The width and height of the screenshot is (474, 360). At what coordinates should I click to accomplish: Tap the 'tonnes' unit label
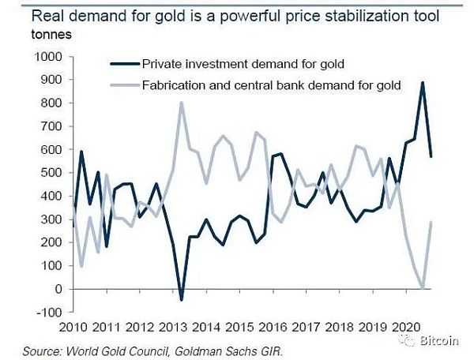coord(29,35)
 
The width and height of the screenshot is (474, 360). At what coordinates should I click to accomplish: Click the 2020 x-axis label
coord(408,326)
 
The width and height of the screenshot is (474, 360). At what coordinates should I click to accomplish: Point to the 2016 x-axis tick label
coord(269,326)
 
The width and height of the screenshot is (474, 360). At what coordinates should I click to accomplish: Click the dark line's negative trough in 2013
coord(181,299)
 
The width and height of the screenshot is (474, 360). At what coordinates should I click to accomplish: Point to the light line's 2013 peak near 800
coord(182,103)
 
